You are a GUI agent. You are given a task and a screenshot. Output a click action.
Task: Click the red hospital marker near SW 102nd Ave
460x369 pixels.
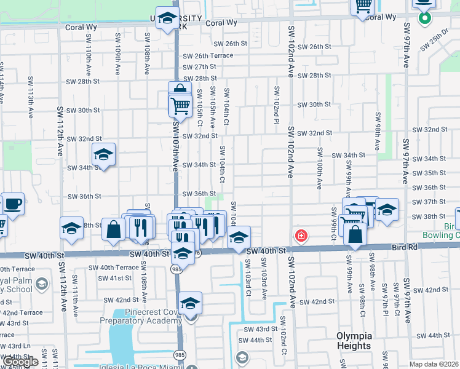tap(301, 236)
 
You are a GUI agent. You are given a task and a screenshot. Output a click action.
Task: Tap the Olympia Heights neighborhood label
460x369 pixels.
tap(354, 341)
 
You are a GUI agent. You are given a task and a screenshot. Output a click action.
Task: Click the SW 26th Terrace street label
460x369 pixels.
tap(208, 55)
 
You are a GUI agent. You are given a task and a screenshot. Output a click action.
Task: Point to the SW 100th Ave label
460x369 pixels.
tap(319, 167)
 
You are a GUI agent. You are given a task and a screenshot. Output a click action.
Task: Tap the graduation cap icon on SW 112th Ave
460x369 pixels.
tap(71, 228)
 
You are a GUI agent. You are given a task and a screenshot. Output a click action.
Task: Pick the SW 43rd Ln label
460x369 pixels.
tap(15, 346)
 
